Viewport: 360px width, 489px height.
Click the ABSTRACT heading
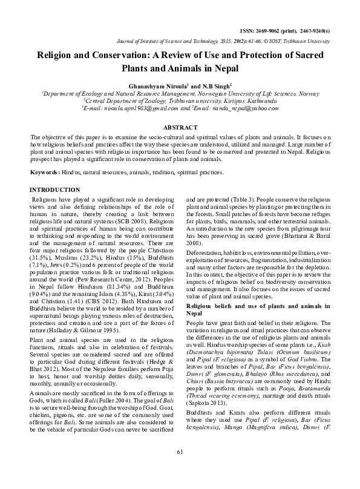pyautogui.click(x=180, y=128)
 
